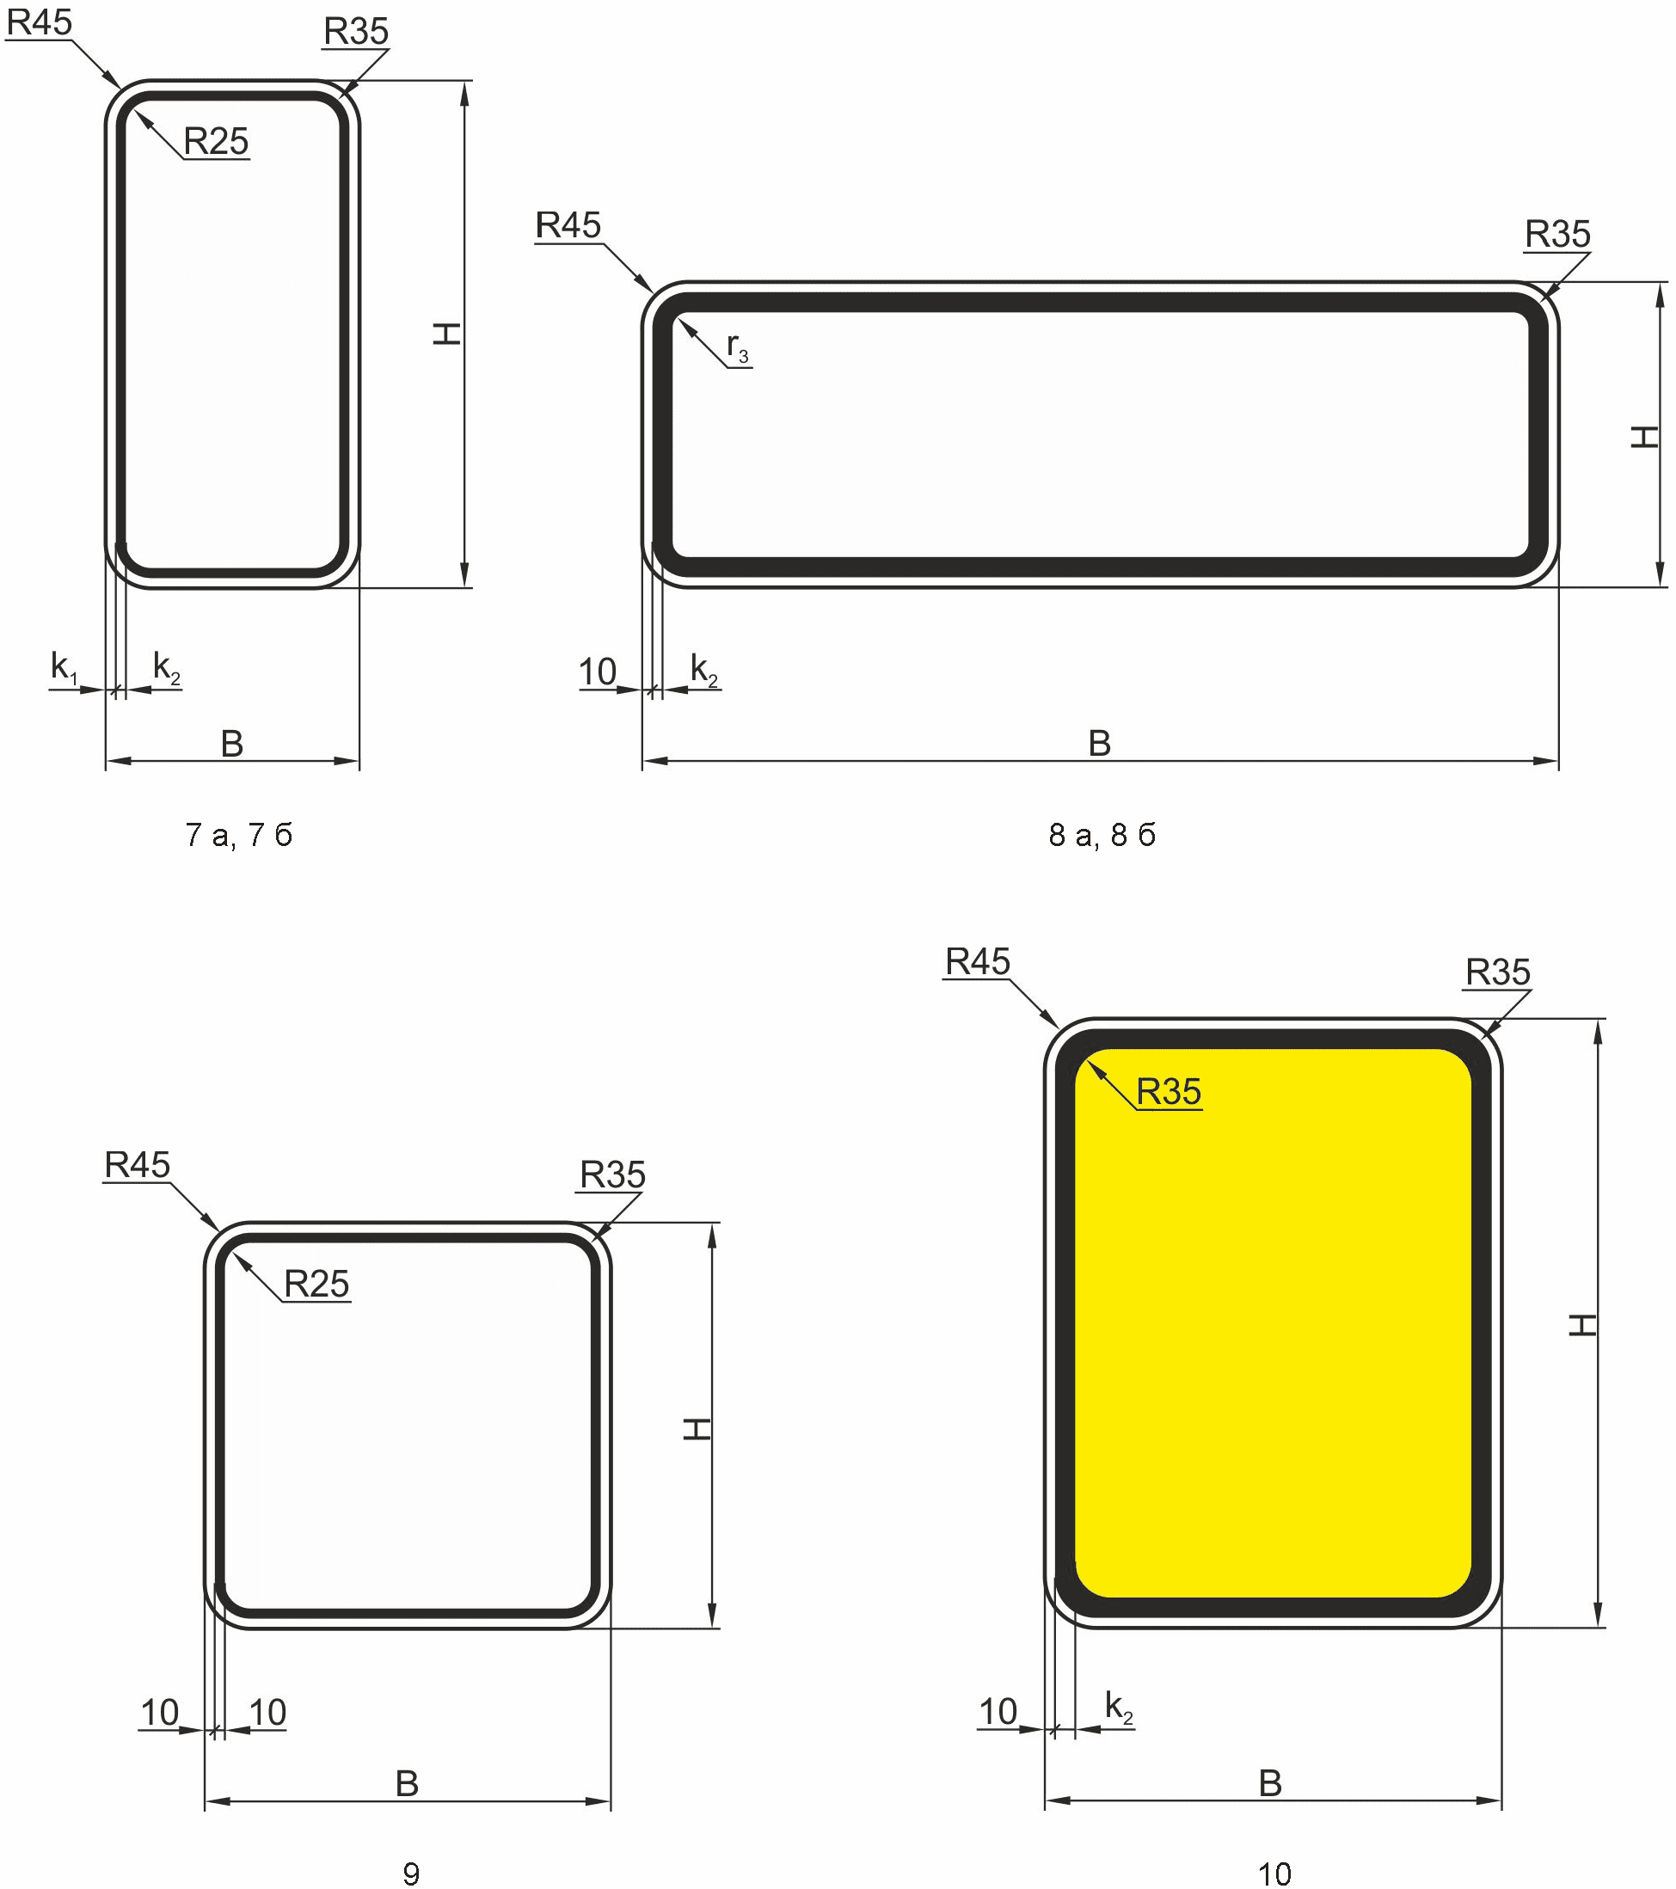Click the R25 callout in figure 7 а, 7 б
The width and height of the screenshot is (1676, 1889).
(217, 141)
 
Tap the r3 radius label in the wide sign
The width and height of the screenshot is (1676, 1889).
(738, 347)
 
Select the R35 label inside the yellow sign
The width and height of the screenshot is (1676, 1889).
(1169, 1091)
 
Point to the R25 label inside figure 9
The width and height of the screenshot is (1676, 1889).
(316, 1284)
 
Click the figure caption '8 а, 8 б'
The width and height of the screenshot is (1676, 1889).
(1102, 835)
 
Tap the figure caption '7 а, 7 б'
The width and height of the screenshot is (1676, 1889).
(238, 835)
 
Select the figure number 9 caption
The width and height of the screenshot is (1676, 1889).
(411, 1874)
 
